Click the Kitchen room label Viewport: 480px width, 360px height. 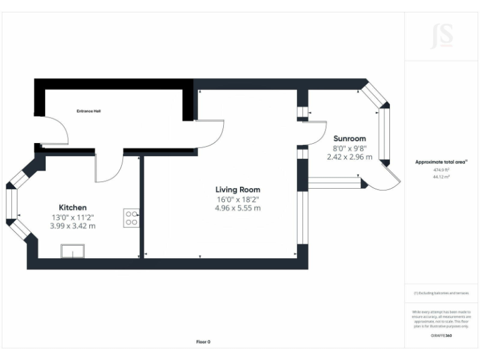72,207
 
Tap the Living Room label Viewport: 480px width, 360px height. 237,189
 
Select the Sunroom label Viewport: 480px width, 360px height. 349,138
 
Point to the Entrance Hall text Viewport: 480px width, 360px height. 88,111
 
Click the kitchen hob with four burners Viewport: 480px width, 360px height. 132,217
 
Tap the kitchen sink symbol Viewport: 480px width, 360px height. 74,251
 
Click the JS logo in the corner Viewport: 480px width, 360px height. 442,36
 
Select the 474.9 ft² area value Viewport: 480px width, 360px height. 441,169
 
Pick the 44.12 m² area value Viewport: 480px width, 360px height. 441,177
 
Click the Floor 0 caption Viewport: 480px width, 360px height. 203,341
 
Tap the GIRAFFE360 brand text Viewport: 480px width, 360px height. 441,336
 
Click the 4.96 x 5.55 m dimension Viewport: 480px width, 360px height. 237,208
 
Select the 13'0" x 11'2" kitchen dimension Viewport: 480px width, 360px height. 72,217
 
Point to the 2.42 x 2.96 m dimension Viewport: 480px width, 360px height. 349,157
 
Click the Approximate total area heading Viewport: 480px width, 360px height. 441,162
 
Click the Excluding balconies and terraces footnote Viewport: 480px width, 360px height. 441,293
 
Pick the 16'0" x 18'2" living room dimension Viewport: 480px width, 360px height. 237,199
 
